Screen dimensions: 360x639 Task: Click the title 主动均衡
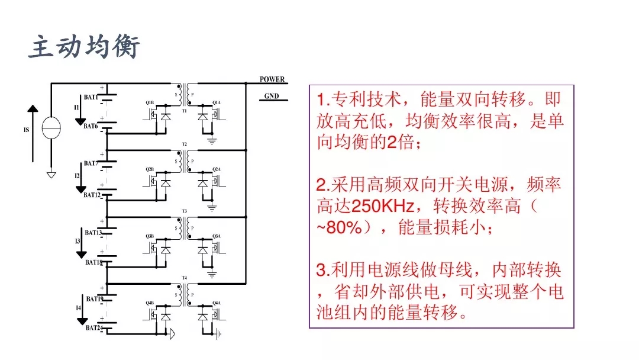click(84, 47)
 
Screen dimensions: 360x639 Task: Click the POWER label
click(272, 79)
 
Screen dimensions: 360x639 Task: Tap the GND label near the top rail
click(272, 97)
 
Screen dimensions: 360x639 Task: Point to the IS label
click(26, 130)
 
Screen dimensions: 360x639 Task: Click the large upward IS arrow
click(33, 133)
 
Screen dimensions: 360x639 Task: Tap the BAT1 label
click(91, 97)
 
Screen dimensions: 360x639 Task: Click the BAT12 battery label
click(92, 195)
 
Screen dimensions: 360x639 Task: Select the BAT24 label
click(93, 327)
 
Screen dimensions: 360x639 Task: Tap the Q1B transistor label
click(150, 102)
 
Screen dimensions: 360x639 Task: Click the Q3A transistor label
click(217, 236)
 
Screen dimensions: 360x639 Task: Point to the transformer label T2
click(184, 144)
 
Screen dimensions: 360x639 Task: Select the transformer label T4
click(184, 278)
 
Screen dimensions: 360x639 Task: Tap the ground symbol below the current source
click(51, 175)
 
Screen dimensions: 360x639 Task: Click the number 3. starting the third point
click(322, 271)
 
